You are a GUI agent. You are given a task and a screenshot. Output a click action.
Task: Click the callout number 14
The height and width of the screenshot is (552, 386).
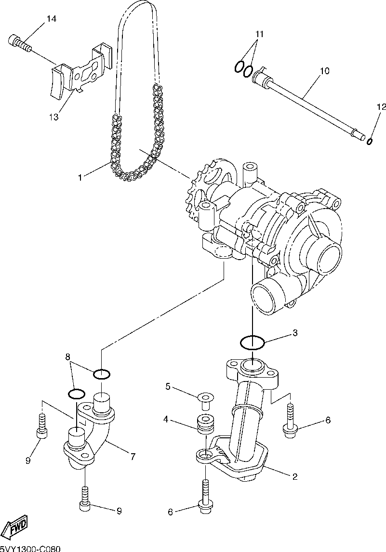tap(51, 19)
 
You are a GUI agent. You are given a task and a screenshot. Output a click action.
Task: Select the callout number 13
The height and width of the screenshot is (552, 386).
tap(53, 117)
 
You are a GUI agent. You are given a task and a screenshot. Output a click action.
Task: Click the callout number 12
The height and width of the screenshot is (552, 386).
tap(381, 107)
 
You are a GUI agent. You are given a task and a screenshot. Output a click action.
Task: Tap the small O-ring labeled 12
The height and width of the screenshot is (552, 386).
tap(370, 141)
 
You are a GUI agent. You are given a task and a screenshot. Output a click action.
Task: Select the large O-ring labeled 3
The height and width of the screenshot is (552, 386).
tap(252, 343)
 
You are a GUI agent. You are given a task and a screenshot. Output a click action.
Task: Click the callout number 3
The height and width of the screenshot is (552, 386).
tap(295, 333)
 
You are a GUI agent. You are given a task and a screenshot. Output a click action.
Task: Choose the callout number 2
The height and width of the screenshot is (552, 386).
tap(294, 477)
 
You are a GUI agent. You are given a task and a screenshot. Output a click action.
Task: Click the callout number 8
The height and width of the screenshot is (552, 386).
tap(68, 357)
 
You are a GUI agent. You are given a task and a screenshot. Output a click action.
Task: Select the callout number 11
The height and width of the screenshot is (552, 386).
tap(260, 34)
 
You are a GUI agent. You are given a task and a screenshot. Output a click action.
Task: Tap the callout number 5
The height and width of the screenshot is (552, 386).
tap(168, 386)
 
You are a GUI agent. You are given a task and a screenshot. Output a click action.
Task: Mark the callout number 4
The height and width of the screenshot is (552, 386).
tap(165, 420)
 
